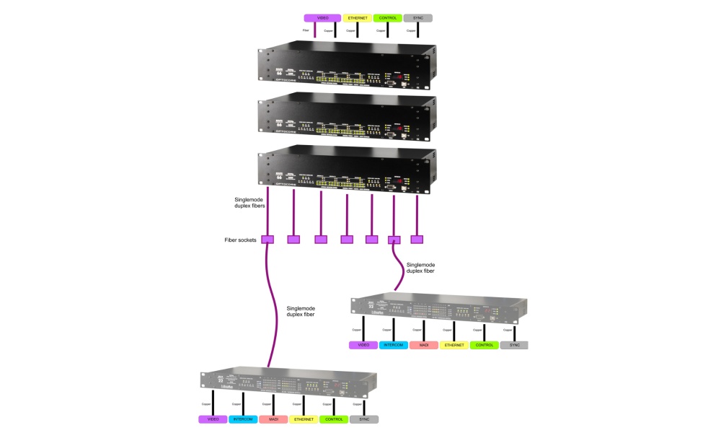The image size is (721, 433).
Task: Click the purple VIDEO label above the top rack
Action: click(x=322, y=17)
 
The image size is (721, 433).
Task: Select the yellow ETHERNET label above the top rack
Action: click(x=357, y=17)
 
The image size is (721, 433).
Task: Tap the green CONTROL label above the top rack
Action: click(x=387, y=17)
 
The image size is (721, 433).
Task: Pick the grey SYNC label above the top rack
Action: click(x=417, y=17)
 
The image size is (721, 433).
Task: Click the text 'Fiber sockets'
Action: click(x=239, y=240)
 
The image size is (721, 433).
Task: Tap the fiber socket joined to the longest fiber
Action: click(x=267, y=240)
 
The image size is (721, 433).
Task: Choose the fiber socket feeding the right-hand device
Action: click(x=394, y=240)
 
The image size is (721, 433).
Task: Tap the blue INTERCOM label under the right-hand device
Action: click(x=393, y=345)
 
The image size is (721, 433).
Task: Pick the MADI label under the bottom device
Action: click(x=273, y=419)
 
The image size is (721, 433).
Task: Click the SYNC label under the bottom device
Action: click(x=364, y=419)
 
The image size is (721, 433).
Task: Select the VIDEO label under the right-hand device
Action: click(x=363, y=345)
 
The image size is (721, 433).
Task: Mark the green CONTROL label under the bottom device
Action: click(x=334, y=419)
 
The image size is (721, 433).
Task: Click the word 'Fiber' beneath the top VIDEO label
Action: click(x=306, y=31)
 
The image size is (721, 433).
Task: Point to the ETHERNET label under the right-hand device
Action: click(x=454, y=345)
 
